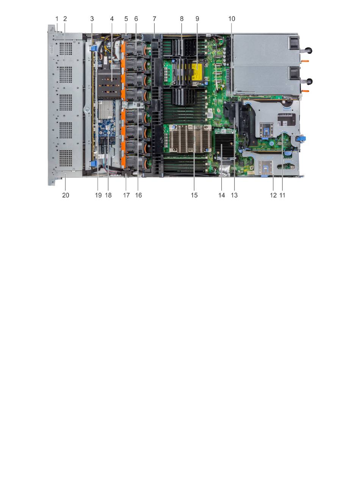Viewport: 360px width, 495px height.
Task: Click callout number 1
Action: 57,19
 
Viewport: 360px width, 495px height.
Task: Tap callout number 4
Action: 112,19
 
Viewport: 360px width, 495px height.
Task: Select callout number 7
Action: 154,19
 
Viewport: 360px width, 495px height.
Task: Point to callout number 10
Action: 232,19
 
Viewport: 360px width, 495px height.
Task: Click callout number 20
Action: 66,195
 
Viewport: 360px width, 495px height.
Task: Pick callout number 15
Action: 194,195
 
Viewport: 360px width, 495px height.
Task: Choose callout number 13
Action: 234,195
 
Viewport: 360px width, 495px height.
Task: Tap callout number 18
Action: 108,195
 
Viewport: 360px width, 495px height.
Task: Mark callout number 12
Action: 273,195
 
